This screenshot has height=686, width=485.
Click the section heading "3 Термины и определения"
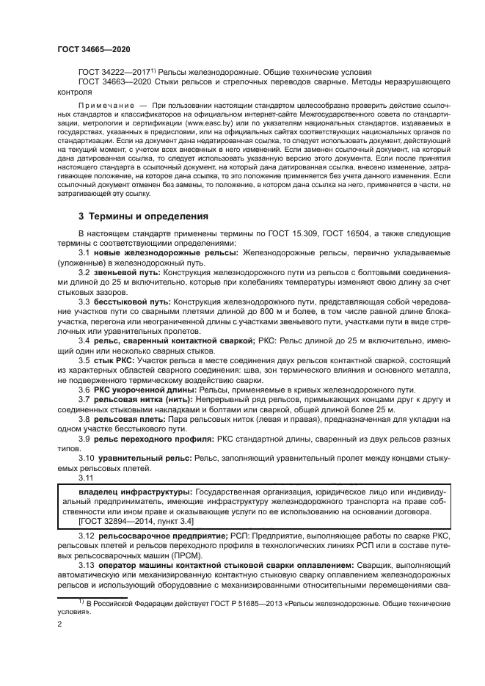pos(143,216)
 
